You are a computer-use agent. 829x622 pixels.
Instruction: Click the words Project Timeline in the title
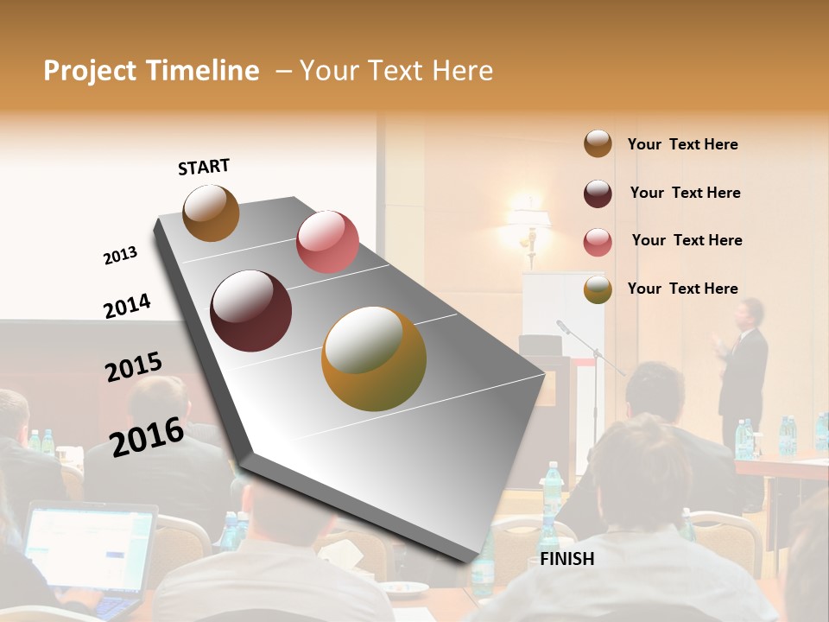tap(151, 71)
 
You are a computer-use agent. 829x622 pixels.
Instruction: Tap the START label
tap(204, 167)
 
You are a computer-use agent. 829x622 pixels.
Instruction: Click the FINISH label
tap(566, 559)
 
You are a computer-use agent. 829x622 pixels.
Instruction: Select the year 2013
tap(120, 256)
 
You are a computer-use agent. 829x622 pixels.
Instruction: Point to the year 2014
tap(127, 306)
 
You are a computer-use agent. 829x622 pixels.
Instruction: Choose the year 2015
tap(134, 367)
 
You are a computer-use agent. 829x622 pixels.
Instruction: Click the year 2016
tap(147, 436)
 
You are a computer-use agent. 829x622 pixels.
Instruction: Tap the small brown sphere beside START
tap(211, 213)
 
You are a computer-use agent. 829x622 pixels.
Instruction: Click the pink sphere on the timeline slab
tap(327, 242)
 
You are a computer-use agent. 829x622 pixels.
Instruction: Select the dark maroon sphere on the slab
tap(251, 311)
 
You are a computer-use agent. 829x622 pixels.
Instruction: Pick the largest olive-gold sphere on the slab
tap(374, 359)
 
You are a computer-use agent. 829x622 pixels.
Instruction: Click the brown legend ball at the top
tap(598, 144)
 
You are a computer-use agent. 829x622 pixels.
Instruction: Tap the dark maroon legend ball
tap(598, 194)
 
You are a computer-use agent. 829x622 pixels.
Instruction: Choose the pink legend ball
tap(598, 242)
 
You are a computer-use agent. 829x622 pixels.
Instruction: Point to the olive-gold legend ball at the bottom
tap(598, 289)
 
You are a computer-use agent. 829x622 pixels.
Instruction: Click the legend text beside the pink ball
tap(687, 240)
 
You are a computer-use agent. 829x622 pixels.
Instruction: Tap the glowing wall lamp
tap(528, 225)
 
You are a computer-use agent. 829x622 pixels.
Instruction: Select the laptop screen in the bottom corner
tap(86, 549)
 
